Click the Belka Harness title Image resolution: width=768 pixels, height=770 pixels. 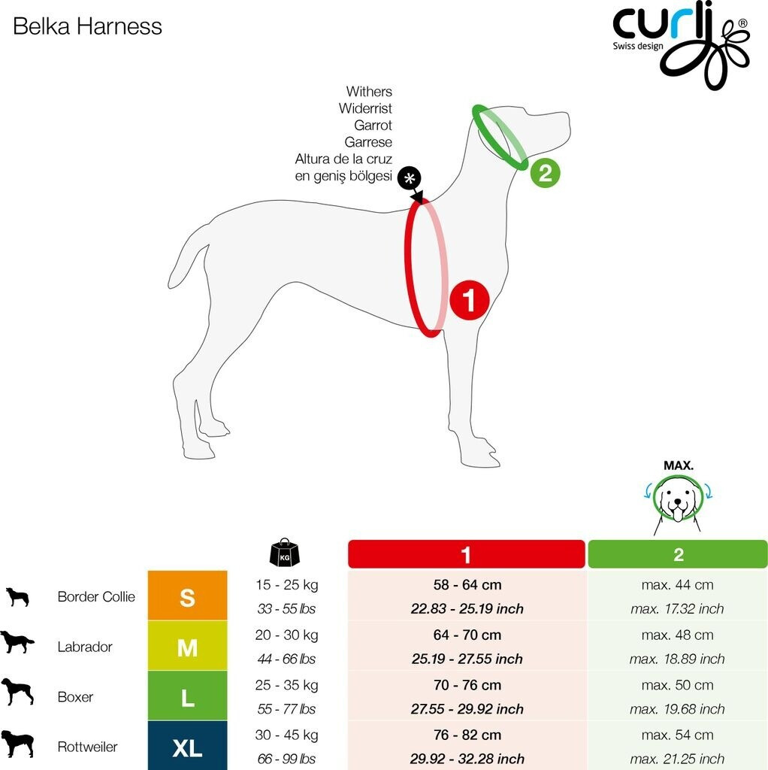(x=88, y=27)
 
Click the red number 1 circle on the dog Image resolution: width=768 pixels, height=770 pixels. (x=470, y=301)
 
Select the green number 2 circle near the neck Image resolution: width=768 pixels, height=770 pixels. (x=545, y=174)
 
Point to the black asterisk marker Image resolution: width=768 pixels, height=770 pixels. (x=409, y=179)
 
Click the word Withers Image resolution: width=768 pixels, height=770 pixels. (x=369, y=92)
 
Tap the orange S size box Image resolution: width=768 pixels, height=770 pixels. (x=187, y=596)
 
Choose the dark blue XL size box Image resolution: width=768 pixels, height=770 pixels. (x=187, y=747)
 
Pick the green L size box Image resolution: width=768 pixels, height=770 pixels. (x=187, y=697)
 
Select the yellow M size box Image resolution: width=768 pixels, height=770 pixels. (x=187, y=647)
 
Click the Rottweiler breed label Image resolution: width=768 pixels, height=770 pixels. (x=87, y=747)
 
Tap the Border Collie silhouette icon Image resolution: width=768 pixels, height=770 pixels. (x=17, y=597)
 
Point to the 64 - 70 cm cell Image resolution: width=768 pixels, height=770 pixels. (x=467, y=635)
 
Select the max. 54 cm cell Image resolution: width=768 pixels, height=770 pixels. (x=677, y=735)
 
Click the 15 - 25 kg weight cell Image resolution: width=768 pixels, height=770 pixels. (x=286, y=584)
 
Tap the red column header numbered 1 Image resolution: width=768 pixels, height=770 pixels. (x=466, y=555)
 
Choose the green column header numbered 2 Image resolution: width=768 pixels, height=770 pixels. (x=678, y=555)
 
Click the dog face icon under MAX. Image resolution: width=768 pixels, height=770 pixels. (x=678, y=502)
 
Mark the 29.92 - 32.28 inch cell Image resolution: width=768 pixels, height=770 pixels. (x=467, y=759)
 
